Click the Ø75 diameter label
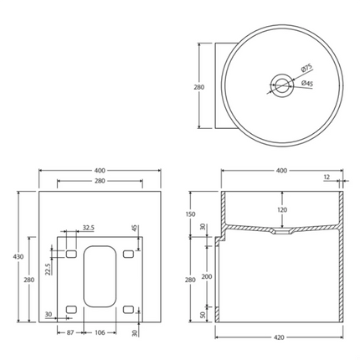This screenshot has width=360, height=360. pyautogui.click(x=306, y=69)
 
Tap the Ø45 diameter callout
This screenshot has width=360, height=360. pyautogui.click(x=306, y=83)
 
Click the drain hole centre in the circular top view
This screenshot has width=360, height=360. pyautogui.click(x=280, y=82)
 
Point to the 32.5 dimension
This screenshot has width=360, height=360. pyautogui.click(x=88, y=227)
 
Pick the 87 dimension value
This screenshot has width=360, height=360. pyautogui.click(x=72, y=333)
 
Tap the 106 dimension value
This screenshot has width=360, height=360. pyautogui.click(x=99, y=333)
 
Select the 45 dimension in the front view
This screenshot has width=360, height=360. pyautogui.click(x=134, y=228)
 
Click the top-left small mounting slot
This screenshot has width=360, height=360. pyautogui.click(x=71, y=253)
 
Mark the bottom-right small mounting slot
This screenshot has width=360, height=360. pyautogui.click(x=127, y=310)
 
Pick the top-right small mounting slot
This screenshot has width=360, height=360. pyautogui.click(x=127, y=253)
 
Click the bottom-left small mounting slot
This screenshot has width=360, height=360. pyautogui.click(x=71, y=310)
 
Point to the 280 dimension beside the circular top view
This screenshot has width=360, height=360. pyautogui.click(x=199, y=86)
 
